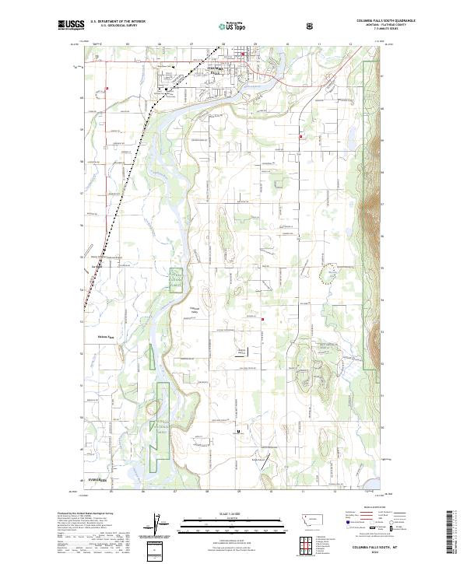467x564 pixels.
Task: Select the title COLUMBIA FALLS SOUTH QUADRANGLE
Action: pyautogui.click(x=385, y=20)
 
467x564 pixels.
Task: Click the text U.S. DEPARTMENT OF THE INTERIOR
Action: pyautogui.click(x=116, y=21)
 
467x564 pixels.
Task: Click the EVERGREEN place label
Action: pyautogui.click(x=97, y=480)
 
